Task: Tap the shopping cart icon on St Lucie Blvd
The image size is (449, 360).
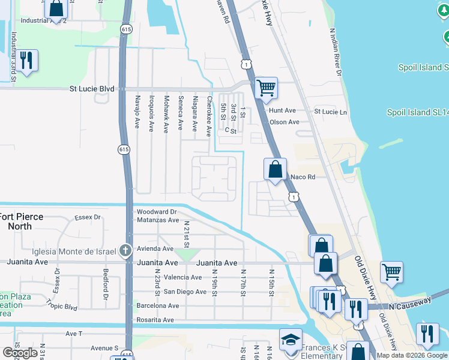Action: [x=266, y=88]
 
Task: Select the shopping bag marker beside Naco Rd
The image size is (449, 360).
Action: [x=275, y=170]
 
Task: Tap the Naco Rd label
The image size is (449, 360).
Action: [x=303, y=177]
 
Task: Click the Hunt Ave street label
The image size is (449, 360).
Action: [x=283, y=111]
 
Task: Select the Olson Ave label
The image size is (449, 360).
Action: [x=284, y=122]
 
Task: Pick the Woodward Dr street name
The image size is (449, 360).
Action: [x=156, y=212]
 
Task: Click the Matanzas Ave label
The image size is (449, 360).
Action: [x=158, y=221]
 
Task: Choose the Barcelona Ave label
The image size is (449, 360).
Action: [x=158, y=305]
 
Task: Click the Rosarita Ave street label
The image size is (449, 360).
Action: [x=155, y=320]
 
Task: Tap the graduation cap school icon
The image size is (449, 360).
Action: [x=291, y=340]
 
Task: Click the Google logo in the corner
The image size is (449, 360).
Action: [x=20, y=353]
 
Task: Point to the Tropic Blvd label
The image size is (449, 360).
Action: [x=63, y=307]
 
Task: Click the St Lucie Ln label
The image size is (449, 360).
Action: [x=331, y=112]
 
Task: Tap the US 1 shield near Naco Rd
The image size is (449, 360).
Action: [x=293, y=196]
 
